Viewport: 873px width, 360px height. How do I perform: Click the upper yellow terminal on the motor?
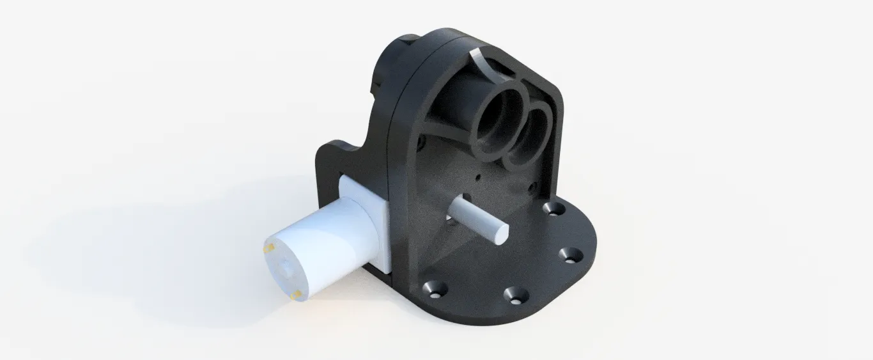pyautogui.click(x=270, y=247)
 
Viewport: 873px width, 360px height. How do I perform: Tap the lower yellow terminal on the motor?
pyautogui.click(x=298, y=295)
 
